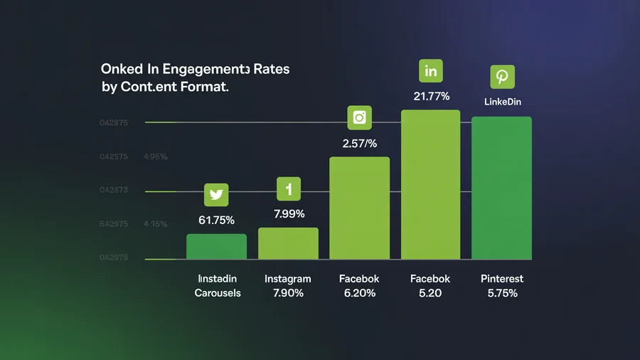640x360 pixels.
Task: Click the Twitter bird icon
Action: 216,195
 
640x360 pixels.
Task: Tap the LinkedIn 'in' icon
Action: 430,72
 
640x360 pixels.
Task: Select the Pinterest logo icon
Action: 502,76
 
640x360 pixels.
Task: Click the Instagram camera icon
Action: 359,118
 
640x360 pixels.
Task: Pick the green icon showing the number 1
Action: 289,189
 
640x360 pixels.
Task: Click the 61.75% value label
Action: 216,220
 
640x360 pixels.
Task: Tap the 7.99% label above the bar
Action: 288,213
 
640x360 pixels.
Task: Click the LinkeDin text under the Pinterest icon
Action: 503,102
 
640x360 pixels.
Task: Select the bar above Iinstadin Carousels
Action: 216,246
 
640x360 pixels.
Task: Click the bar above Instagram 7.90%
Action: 288,243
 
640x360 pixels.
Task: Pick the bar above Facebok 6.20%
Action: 359,208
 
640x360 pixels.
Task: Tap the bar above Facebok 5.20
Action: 431,184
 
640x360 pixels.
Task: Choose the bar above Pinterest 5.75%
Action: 502,188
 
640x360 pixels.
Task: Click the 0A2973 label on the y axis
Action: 114,190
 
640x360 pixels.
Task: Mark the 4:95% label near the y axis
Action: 155,157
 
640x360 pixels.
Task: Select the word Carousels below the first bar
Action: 218,293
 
